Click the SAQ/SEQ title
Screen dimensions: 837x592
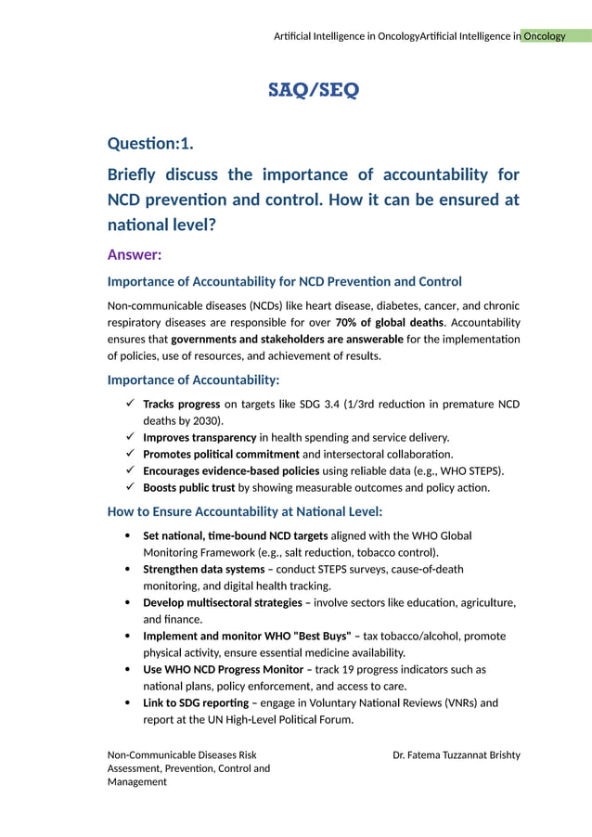(x=313, y=90)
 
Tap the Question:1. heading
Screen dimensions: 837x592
(x=150, y=143)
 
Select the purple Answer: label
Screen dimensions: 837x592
(x=135, y=254)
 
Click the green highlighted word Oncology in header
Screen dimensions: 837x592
(x=544, y=36)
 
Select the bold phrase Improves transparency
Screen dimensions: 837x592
(x=199, y=437)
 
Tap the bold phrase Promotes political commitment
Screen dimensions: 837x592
(x=221, y=454)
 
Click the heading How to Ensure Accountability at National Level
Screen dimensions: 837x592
(x=245, y=511)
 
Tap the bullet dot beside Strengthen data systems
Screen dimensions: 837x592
(x=126, y=569)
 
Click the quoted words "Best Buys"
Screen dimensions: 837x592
(x=324, y=636)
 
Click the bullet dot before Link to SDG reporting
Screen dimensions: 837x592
(x=126, y=702)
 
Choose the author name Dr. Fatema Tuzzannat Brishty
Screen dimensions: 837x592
(x=457, y=754)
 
